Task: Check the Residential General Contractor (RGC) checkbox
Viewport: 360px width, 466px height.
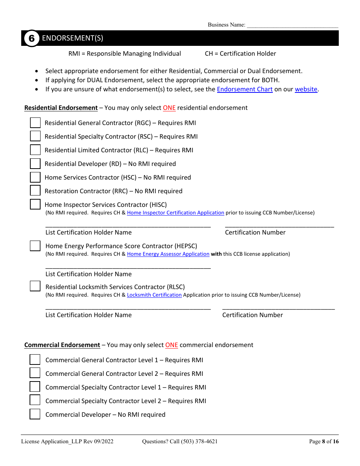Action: [35, 123]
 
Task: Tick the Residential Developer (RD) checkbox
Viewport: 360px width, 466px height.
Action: [35, 164]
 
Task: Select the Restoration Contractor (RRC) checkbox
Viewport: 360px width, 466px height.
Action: [35, 191]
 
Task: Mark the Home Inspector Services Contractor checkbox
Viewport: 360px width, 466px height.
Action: [35, 204]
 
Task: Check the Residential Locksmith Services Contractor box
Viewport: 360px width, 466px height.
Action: [35, 286]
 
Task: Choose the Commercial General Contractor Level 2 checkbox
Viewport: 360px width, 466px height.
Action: [35, 373]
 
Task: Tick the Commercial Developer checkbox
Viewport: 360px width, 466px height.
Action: [35, 414]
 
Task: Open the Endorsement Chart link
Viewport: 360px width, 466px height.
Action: [244, 89]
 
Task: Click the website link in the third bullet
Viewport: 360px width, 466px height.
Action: [306, 89]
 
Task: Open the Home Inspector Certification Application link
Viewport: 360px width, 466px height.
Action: [175, 213]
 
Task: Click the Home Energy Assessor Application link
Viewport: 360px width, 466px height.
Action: [168, 254]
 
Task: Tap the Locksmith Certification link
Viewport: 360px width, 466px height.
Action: [154, 295]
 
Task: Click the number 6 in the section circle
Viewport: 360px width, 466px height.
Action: [32, 38]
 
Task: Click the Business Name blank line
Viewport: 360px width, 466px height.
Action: [293, 25]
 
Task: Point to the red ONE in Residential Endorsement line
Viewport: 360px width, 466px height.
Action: [169, 108]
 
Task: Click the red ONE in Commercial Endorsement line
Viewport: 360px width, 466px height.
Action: [171, 345]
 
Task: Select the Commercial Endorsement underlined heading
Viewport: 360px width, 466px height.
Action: [62, 345]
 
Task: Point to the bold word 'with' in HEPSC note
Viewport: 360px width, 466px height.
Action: [216, 254]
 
